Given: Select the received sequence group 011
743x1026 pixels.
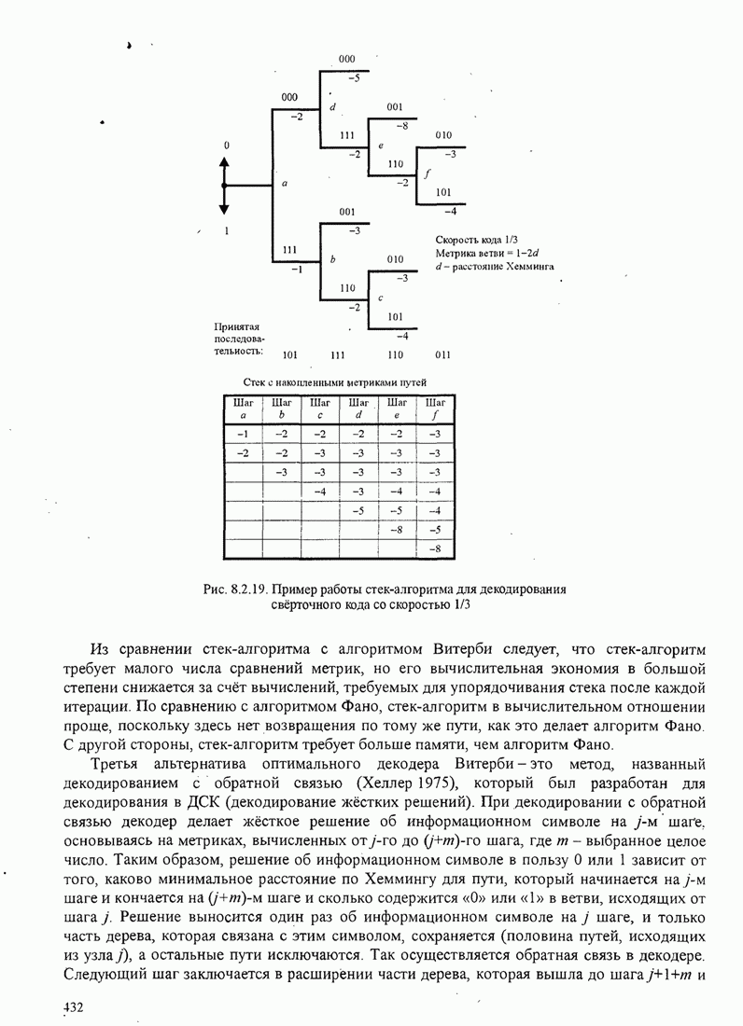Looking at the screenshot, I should tap(443, 354).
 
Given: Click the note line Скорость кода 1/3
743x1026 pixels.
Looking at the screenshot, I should tap(470, 241).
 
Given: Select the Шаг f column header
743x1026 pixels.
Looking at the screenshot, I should tap(434, 409).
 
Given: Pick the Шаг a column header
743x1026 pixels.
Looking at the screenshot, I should tap(243, 409).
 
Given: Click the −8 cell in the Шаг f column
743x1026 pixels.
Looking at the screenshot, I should tap(434, 548).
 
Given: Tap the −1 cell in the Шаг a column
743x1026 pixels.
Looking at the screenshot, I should tap(243, 434).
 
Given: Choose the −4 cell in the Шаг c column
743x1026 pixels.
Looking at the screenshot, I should tap(320, 491).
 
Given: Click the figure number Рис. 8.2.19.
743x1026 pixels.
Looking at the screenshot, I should tap(238, 589).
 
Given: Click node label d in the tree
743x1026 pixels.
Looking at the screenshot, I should tap(332, 108).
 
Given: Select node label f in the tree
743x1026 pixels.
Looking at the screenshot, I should tap(428, 174).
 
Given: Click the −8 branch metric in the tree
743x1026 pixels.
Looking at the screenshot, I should tap(402, 125).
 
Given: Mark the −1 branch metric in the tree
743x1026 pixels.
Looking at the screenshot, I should tap(296, 270).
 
